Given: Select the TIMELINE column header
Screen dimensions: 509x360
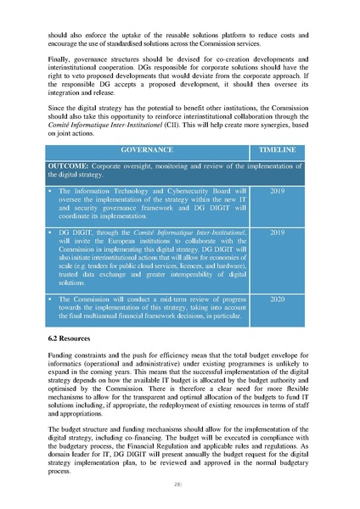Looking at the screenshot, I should [x=279, y=149].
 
